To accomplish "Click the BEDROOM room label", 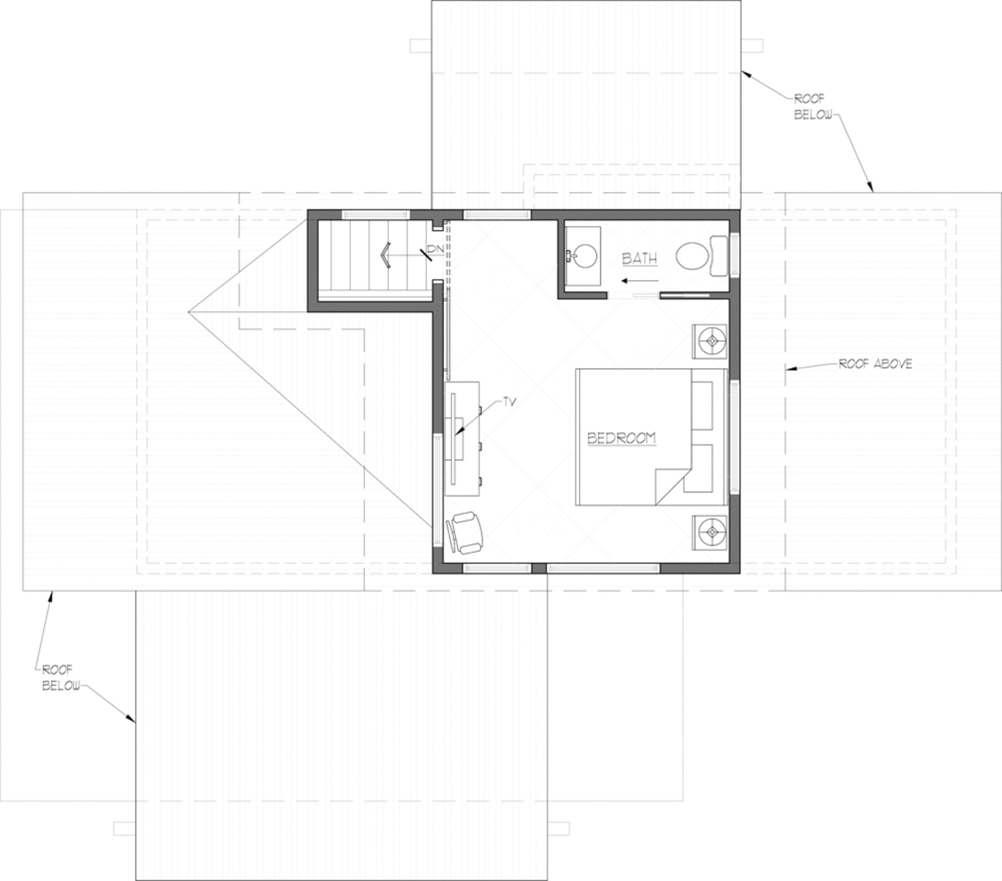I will point(622,438).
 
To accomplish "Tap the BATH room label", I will point(640,259).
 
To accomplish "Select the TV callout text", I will point(509,401).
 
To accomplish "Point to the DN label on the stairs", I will point(436,249).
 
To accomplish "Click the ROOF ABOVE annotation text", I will point(876,364).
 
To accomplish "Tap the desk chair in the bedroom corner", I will point(465,533).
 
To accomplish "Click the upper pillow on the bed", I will point(702,405).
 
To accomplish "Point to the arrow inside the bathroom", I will point(640,280).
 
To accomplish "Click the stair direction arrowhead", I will point(386,255).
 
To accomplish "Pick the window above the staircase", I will point(375,214).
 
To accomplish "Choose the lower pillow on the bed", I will point(699,468).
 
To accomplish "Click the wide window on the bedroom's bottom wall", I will point(603,568).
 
